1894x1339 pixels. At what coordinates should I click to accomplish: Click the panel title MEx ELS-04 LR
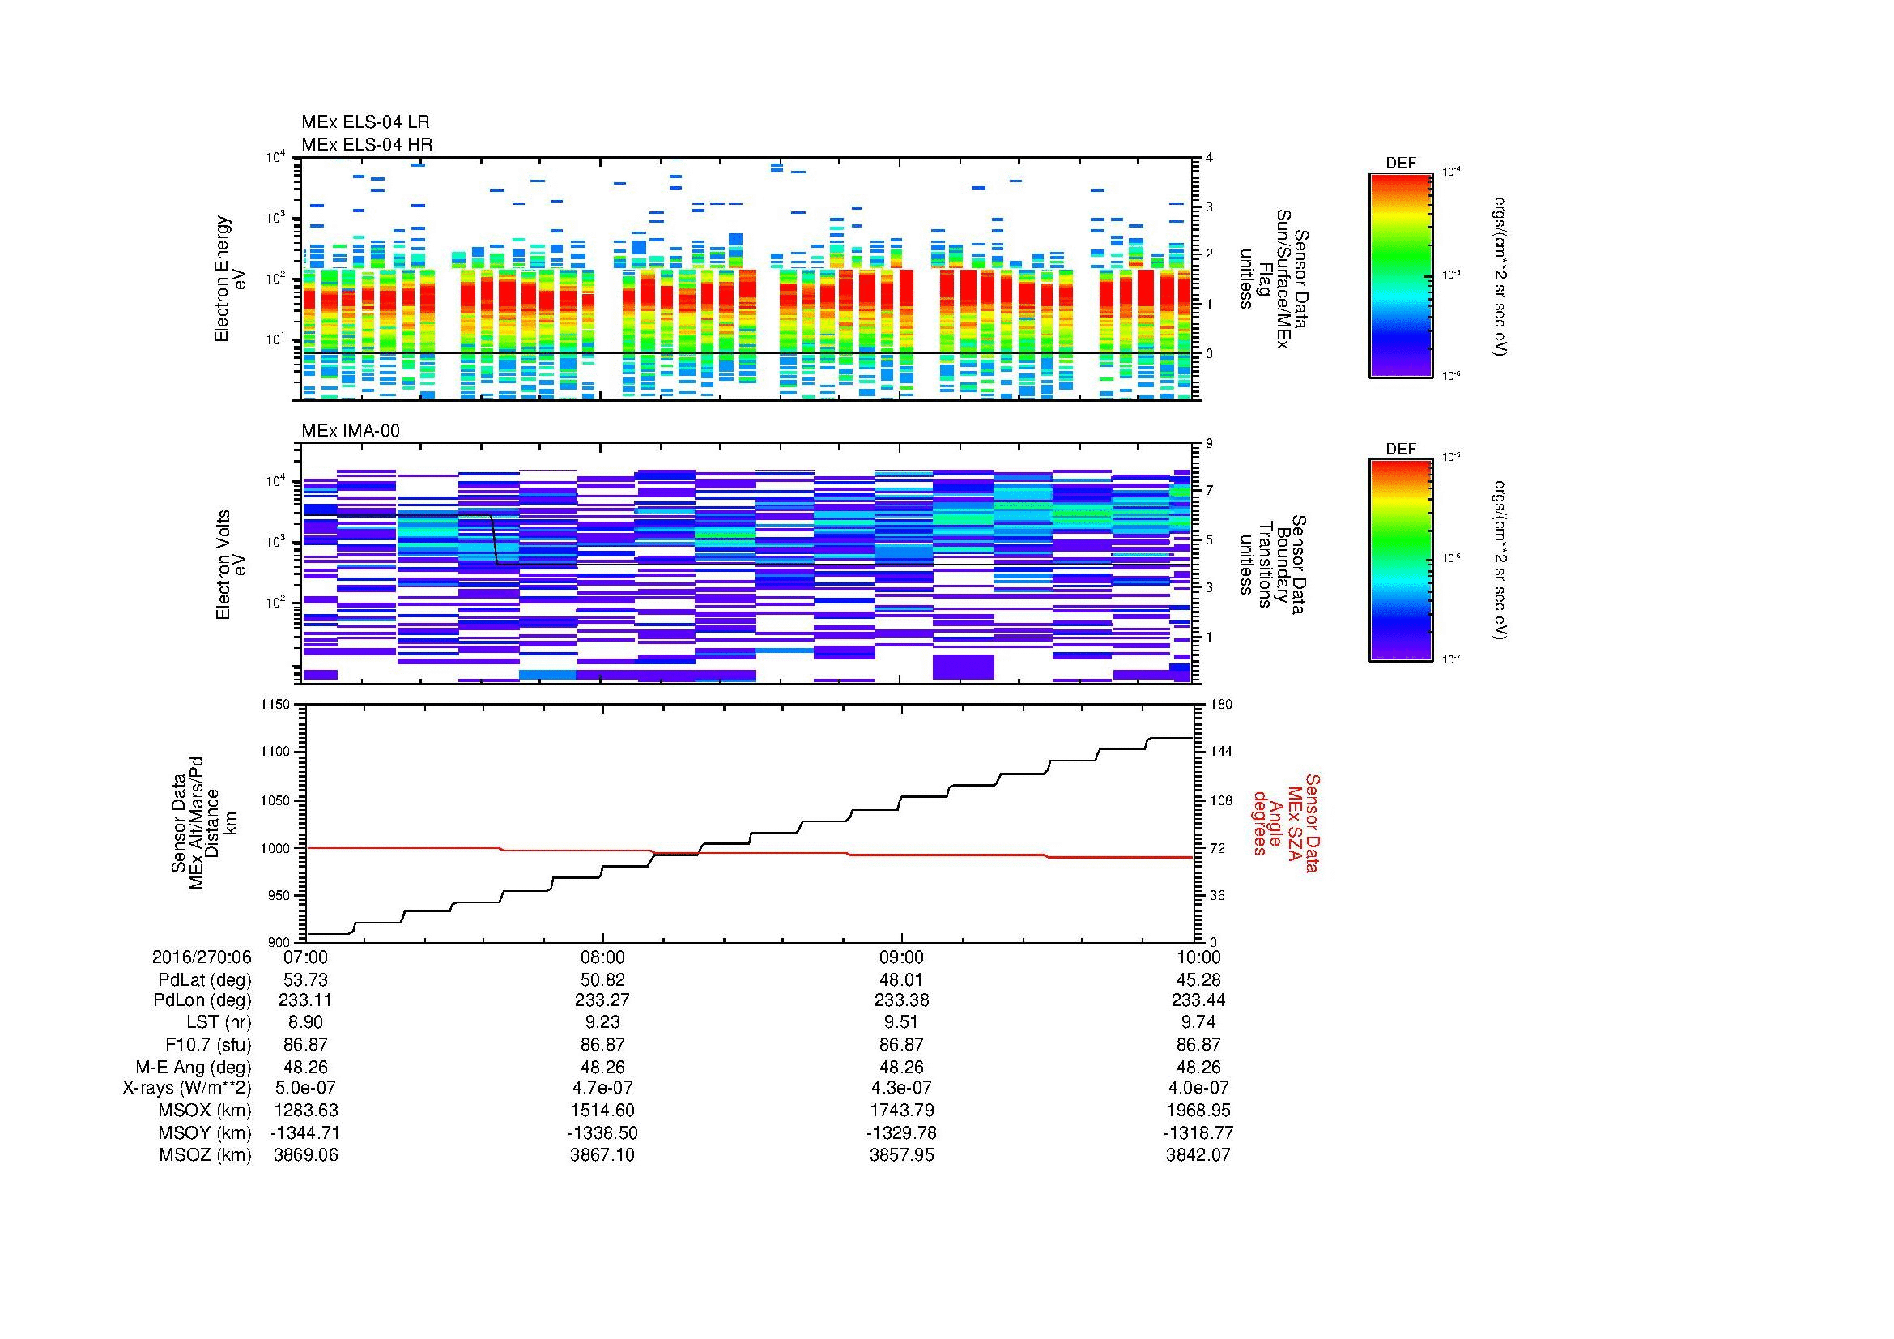coord(364,122)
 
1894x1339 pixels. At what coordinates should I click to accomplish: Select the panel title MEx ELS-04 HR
coord(366,144)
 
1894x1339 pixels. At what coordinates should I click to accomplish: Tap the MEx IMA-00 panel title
coord(350,431)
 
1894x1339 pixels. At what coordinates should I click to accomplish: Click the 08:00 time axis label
coord(602,957)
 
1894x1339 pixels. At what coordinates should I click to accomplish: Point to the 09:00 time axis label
coord(900,957)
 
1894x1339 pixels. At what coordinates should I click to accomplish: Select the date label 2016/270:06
coord(202,957)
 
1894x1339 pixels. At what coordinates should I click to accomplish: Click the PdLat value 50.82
coord(602,980)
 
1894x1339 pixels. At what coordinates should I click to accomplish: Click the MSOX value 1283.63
coord(305,1111)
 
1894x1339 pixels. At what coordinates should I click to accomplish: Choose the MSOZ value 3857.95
coord(900,1155)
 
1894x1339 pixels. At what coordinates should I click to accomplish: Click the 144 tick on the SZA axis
coord(1221,752)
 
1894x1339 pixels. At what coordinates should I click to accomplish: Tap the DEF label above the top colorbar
coord(1400,164)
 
